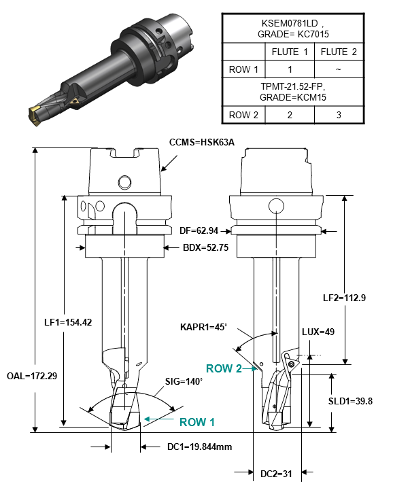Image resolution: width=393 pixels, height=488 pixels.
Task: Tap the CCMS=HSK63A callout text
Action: click(208, 143)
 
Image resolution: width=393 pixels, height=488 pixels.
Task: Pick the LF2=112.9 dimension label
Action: click(355, 297)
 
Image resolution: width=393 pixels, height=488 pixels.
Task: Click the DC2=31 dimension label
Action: click(277, 474)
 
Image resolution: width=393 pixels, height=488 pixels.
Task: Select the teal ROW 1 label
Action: click(197, 422)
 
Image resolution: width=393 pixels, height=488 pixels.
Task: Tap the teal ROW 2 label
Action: click(224, 368)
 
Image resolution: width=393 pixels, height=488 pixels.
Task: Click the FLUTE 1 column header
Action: click(289, 52)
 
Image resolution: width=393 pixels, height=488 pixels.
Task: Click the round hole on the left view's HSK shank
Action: click(124, 182)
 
